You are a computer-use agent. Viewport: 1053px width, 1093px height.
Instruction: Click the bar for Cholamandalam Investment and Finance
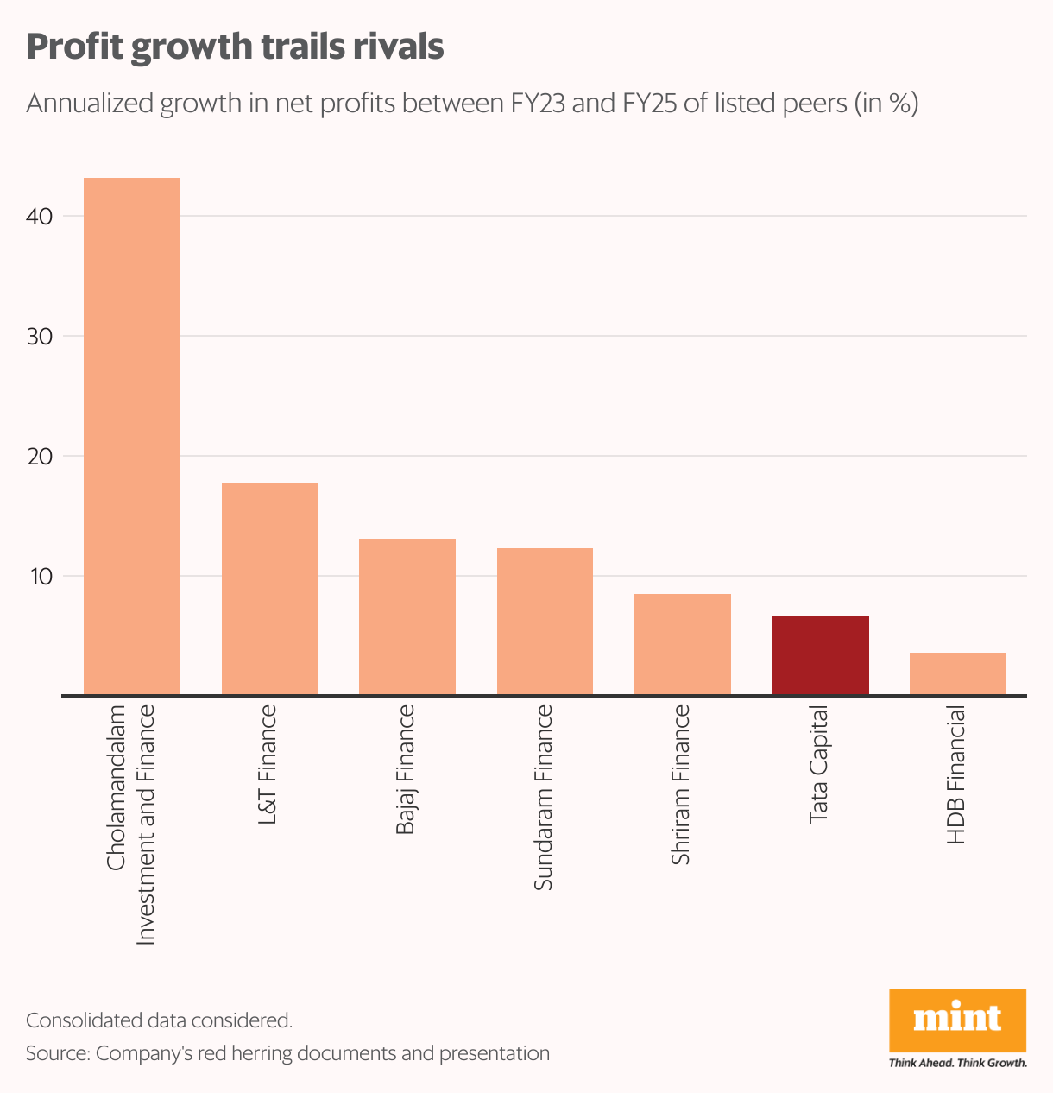coord(131,436)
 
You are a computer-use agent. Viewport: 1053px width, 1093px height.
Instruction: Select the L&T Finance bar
coord(269,589)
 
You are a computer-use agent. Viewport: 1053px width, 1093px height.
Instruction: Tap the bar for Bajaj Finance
coord(407,616)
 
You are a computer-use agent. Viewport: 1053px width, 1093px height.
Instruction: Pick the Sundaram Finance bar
coord(545,621)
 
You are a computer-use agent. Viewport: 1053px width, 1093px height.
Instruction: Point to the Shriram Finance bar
coord(682,644)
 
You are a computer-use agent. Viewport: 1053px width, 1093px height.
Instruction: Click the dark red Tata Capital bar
coord(820,655)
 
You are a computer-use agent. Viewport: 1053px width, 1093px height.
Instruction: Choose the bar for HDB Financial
coord(957,673)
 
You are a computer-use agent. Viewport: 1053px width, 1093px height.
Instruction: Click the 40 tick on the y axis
coord(41,217)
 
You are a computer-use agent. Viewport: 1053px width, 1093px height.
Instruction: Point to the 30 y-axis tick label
coord(41,337)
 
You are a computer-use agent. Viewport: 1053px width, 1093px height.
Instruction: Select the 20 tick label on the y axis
coord(41,457)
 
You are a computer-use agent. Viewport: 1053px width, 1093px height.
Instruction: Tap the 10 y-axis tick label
coord(41,577)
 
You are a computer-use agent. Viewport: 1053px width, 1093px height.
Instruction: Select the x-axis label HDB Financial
coord(955,774)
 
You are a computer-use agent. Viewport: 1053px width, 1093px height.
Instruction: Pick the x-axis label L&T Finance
coord(268,764)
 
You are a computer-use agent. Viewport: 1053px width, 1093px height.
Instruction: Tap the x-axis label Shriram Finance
coord(681,785)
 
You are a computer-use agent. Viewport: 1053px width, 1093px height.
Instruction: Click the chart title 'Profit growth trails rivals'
coord(235,47)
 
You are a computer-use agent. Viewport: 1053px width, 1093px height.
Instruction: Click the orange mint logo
coord(957,1020)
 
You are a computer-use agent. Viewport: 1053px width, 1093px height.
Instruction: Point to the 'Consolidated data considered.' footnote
coord(160,1020)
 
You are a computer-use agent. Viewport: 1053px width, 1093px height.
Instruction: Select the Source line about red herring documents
coord(287,1053)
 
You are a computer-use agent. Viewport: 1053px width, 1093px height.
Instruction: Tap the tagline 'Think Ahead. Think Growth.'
coord(957,1063)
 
